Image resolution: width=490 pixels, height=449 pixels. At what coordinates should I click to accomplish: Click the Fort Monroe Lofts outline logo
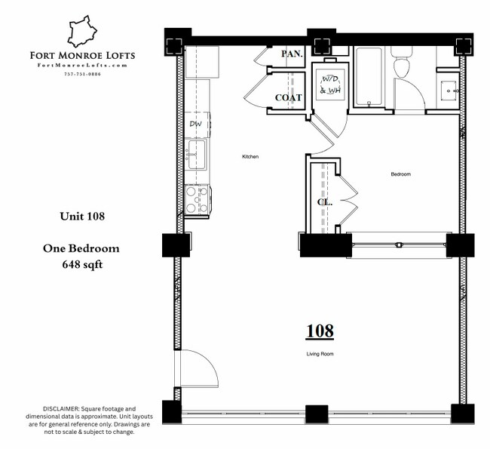coord(84,32)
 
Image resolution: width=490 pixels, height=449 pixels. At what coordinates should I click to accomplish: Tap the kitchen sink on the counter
coord(197,155)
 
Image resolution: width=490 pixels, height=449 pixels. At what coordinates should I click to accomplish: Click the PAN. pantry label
coord(292,54)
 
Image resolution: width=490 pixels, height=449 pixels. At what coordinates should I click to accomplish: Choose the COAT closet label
coord(288,97)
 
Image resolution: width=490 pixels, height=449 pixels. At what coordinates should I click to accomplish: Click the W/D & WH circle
coord(330,85)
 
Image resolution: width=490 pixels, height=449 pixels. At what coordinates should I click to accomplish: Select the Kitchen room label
coord(250,157)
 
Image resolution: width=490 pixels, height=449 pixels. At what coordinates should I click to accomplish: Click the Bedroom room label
coord(400,174)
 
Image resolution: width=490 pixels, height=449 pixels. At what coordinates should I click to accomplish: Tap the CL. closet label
coord(324,202)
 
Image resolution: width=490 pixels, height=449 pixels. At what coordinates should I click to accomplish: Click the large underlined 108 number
coord(320,331)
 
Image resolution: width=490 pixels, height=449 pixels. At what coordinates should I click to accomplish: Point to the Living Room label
coord(320,353)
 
